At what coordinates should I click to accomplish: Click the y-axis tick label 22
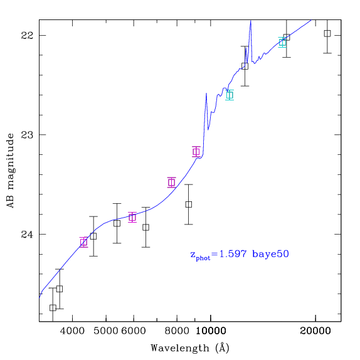tap(27, 36)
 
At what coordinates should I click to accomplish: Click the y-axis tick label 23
tap(27, 135)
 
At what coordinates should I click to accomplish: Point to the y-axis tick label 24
tap(27, 235)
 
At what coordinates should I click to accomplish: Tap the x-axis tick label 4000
tap(73, 331)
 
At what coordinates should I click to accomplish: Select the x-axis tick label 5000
tap(106, 331)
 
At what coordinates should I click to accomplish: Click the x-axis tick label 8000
tap(177, 331)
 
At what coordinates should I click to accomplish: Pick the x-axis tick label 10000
tap(211, 331)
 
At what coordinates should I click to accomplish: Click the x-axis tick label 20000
tap(315, 331)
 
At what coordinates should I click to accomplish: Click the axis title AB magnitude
tap(11, 171)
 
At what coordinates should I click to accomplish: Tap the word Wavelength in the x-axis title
tap(180, 348)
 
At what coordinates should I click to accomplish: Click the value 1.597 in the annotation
tap(233, 254)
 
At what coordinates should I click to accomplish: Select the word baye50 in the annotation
tap(270, 255)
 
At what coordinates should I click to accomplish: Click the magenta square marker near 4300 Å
tap(83, 242)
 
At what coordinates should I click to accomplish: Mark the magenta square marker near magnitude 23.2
tap(196, 152)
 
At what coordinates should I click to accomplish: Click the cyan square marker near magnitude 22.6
tap(230, 95)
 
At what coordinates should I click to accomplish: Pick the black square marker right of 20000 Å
tap(327, 33)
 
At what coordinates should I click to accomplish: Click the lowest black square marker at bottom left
tap(53, 308)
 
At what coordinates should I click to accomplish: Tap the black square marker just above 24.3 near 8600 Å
tap(189, 204)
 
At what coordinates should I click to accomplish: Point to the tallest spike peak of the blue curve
tap(251, 21)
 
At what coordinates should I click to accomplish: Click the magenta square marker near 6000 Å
tap(132, 217)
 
